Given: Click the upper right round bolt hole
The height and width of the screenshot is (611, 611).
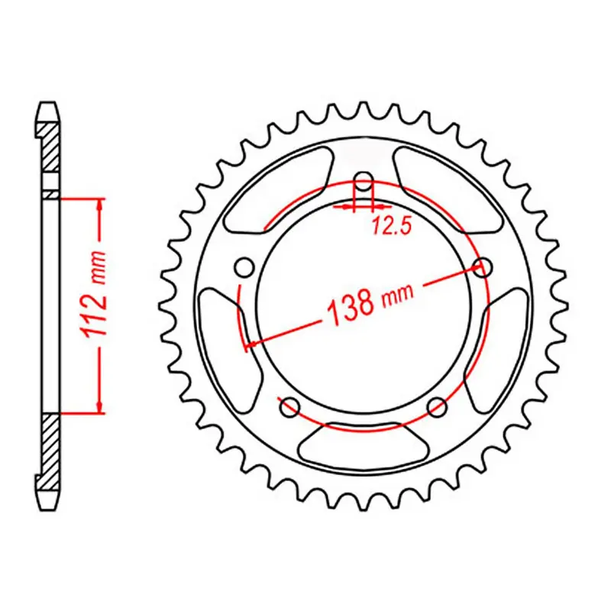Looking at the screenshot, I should coord(482,267).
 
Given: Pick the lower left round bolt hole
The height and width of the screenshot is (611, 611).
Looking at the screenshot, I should coord(289,408).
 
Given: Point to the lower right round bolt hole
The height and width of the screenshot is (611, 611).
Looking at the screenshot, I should coord(437,406).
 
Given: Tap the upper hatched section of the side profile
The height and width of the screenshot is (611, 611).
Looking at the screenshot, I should coord(48,149).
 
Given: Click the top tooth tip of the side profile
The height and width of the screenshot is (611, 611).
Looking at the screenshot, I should coord(48,106).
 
